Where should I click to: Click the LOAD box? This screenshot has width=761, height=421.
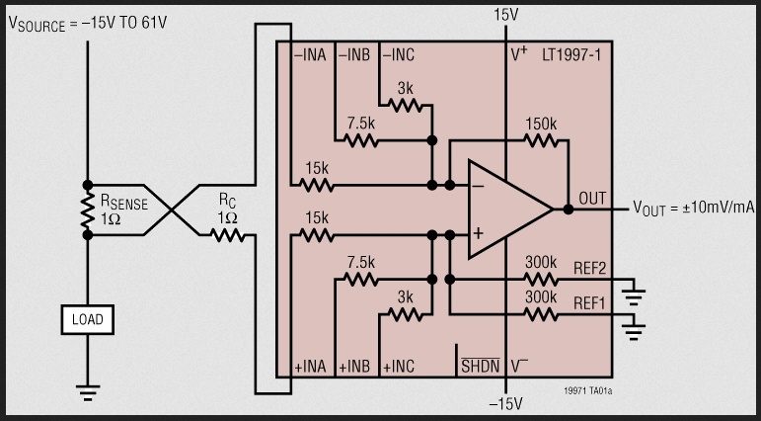point(87,319)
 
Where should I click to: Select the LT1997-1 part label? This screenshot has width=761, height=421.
point(571,55)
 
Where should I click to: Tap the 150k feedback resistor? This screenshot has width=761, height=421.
point(540,140)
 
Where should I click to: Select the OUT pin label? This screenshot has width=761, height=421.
point(592,199)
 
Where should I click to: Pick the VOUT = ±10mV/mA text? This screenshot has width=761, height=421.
point(695,210)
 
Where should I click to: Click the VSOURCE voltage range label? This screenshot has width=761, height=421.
point(89,23)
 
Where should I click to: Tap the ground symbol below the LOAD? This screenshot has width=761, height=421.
point(87,392)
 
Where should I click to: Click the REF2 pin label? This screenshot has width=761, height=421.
point(591,267)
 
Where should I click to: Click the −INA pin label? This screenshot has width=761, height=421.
point(311,55)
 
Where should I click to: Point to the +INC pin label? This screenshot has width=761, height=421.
point(400,367)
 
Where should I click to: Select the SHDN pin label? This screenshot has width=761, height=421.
point(481,367)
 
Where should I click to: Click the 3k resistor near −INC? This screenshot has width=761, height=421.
point(405,105)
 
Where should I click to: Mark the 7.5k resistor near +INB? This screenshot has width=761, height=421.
point(361,280)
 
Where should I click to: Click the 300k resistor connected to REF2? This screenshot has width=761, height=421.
point(540,280)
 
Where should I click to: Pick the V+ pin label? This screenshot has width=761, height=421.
point(519,55)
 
